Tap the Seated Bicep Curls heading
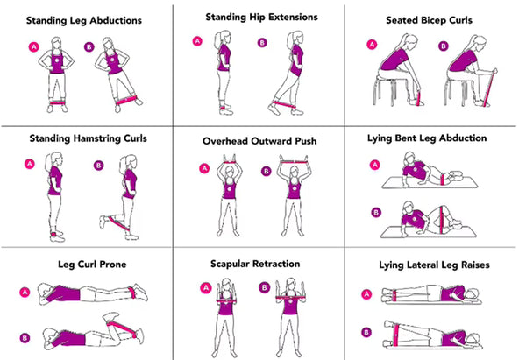436,18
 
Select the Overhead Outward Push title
260,139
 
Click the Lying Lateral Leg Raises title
434,265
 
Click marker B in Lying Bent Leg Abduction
375,212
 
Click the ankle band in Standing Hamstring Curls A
59,234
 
